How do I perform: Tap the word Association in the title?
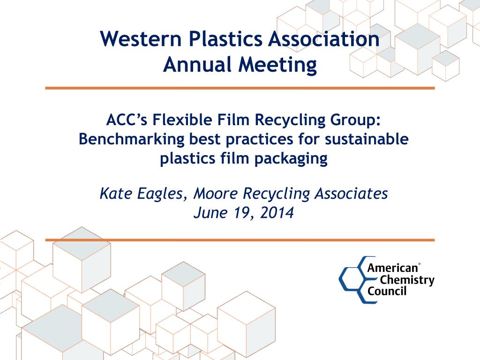[323, 39]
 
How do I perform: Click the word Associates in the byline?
[349, 193]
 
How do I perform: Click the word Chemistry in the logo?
[407, 280]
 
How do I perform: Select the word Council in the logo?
[387, 291]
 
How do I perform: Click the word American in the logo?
[392, 269]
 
